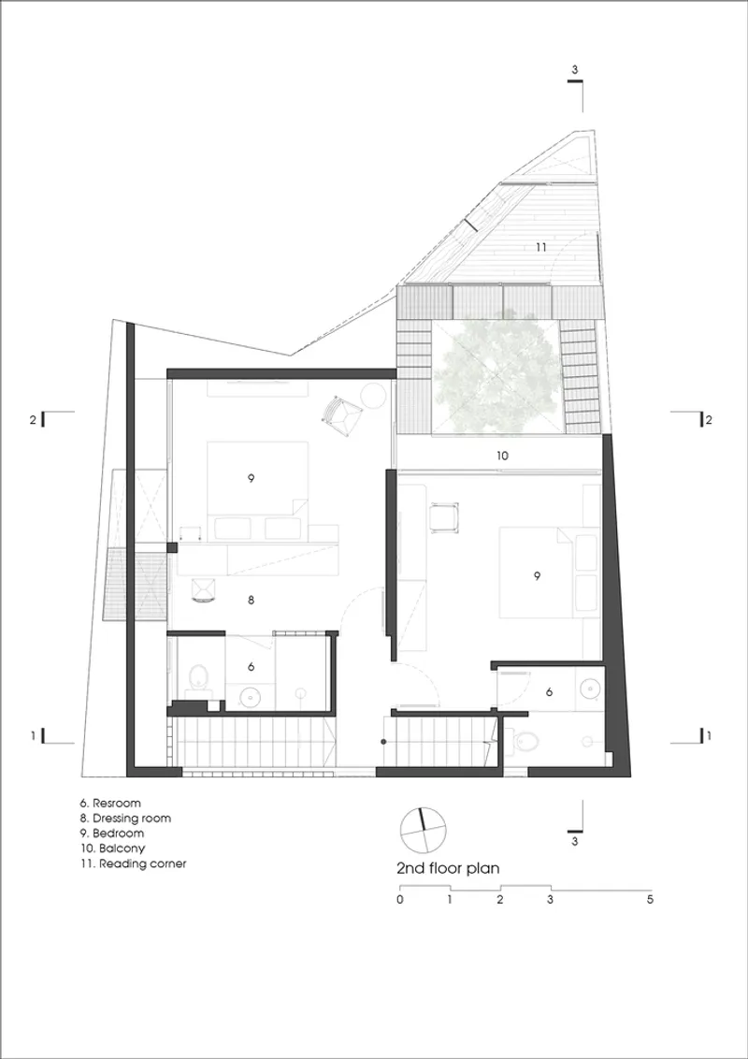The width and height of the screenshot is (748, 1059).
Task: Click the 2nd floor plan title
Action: coord(448,868)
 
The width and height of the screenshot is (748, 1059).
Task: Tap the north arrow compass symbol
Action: coord(424,830)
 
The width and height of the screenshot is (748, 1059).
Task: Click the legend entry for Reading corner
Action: coord(133,863)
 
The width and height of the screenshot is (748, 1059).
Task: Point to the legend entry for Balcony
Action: coord(112,849)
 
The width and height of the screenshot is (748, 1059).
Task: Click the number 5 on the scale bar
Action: coord(650,900)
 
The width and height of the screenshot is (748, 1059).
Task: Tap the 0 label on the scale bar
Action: coord(400,900)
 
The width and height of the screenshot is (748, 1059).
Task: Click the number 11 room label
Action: coord(540,248)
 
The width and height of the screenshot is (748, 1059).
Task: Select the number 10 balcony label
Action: coord(501,456)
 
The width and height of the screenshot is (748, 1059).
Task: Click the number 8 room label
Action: coord(251,599)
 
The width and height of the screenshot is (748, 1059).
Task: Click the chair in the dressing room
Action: coord(204,589)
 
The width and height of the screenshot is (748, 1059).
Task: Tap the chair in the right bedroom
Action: coord(443,516)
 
